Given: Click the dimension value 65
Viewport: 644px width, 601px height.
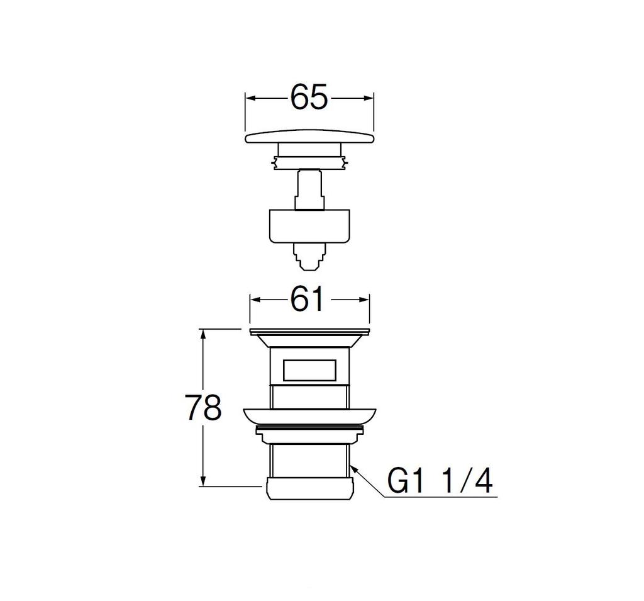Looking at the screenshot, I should click(x=309, y=98).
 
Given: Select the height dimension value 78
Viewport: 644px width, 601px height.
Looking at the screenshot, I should click(x=203, y=408).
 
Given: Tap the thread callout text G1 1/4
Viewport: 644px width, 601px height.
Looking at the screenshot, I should click(x=440, y=482).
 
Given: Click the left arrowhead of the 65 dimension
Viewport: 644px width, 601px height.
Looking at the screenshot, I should click(x=249, y=98).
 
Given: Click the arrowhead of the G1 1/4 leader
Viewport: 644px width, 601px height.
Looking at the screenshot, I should click(x=353, y=468).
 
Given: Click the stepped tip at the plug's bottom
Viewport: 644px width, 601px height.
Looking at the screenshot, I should click(x=309, y=257).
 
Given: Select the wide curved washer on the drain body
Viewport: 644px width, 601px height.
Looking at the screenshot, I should click(x=309, y=416).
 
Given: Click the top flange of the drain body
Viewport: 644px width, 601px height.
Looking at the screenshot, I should click(x=309, y=332).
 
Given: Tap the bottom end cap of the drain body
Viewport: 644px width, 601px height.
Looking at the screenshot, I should click(x=309, y=490).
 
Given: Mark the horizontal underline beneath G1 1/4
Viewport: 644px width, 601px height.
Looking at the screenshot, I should click(x=440, y=497).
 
